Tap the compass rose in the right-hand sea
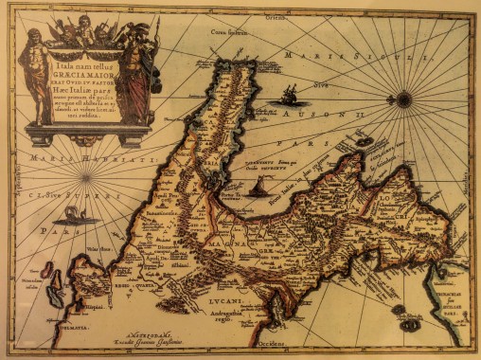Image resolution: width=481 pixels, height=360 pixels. pyautogui.click(x=404, y=98)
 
